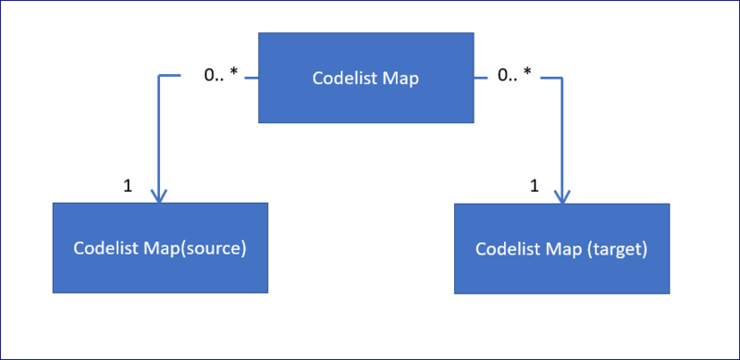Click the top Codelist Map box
coord(365,78)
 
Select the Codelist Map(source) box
coord(160,248)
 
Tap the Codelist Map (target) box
coord(561,248)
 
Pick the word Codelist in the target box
coord(505,249)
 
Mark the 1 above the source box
coord(128,185)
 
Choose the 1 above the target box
coord(534,185)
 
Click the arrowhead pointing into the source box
coord(159,197)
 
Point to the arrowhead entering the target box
coord(561,197)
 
